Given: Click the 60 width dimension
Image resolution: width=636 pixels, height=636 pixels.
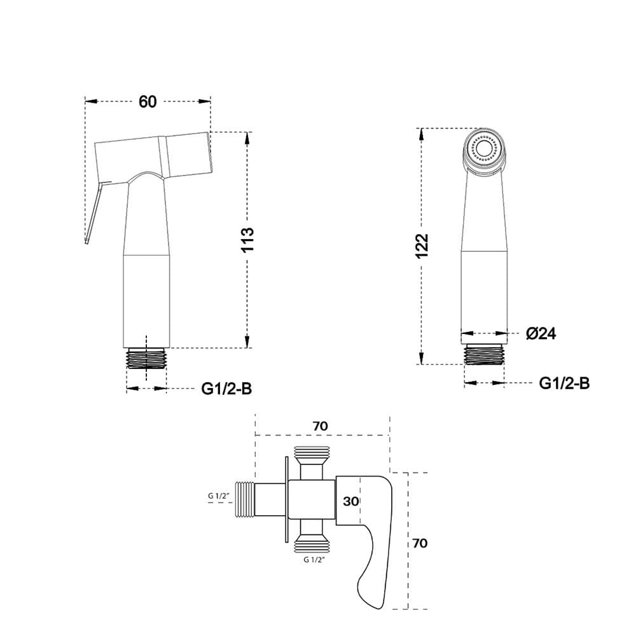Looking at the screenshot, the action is point(148,101).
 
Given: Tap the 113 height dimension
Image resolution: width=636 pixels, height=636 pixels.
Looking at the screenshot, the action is point(247,240).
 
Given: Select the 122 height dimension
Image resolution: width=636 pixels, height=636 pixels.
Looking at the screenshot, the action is point(422,245).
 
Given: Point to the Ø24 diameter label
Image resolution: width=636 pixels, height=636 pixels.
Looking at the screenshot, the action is point(541,333).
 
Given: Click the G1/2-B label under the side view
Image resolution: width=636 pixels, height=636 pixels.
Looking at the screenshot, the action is point(226,389).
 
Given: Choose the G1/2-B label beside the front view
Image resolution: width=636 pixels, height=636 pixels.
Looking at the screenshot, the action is point(564,383).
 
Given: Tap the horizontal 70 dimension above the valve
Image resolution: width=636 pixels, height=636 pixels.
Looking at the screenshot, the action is point(320,426).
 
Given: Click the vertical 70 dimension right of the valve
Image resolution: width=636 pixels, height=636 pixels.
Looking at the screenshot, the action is point(420,543).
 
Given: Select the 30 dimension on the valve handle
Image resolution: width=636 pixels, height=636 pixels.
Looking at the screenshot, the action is point(351,501).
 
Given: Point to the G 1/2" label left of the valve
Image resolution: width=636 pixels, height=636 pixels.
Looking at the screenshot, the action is point(219,495).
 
